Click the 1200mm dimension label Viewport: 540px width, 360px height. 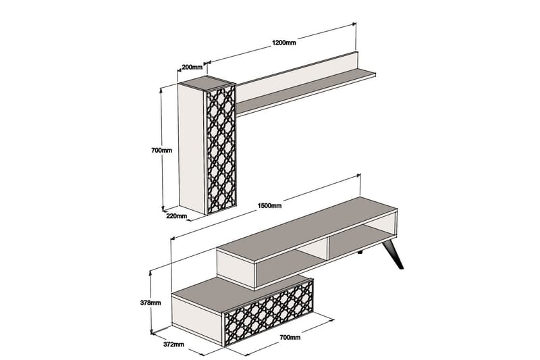(283, 43)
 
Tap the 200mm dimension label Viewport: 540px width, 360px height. (192, 67)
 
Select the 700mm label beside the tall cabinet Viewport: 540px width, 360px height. (162, 151)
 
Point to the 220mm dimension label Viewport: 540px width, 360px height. (176, 217)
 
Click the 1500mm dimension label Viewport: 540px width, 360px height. (269, 205)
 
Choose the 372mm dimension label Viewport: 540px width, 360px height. (173, 344)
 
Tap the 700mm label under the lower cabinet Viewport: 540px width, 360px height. (290, 338)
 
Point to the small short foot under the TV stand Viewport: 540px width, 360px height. (362, 253)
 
